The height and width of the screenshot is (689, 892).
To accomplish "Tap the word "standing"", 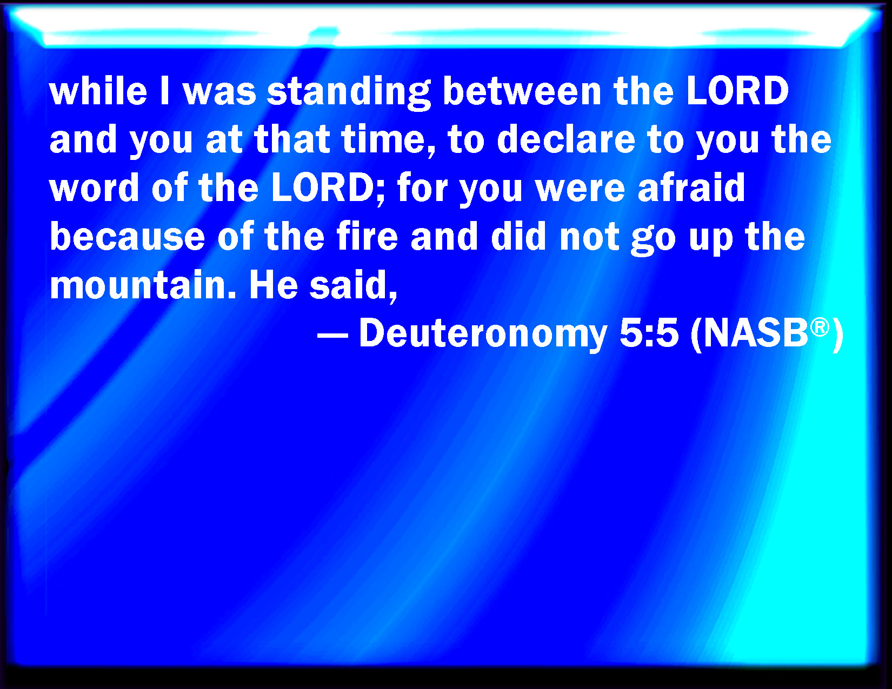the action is (x=349, y=93).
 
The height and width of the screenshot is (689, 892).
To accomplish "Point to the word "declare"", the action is (x=566, y=139).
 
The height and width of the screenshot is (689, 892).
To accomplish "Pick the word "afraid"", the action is (x=691, y=188).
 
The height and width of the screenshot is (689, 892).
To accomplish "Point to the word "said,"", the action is (x=354, y=286).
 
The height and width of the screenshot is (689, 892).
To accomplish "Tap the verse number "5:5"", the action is (x=649, y=333).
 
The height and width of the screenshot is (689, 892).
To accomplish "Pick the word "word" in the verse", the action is (x=94, y=188).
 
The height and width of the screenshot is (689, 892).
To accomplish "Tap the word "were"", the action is (x=580, y=190).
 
